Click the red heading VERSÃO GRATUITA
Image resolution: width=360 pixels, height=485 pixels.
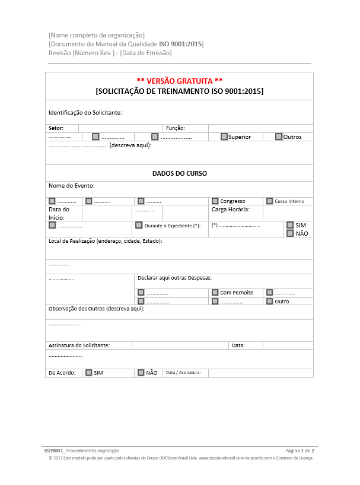tap(179, 81)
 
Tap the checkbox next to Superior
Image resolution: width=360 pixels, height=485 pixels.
tap(224, 137)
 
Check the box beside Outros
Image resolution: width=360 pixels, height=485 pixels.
tap(279, 137)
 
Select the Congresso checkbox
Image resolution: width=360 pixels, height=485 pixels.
tap(215, 201)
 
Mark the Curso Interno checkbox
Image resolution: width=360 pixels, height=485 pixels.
tap(270, 201)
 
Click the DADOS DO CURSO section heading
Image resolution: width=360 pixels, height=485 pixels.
tap(179, 173)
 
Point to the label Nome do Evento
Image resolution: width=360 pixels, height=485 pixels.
tap(71, 186)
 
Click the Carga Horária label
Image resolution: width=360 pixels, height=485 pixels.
tap(230, 209)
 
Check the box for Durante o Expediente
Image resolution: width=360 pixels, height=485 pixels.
tap(139, 226)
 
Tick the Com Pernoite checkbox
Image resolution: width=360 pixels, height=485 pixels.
tap(215, 293)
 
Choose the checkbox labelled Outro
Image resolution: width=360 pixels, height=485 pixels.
tap(270, 302)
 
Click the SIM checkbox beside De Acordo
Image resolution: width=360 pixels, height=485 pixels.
tap(89, 373)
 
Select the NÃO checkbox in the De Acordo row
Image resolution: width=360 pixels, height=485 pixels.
tap(141, 373)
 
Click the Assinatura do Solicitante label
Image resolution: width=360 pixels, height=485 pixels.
tap(79, 345)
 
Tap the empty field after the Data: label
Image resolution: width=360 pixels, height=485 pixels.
tap(288, 345)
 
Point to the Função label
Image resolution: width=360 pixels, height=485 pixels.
tap(176, 128)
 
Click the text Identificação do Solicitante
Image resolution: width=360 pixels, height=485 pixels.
tap(85, 112)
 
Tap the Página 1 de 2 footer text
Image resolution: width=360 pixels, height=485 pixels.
tap(300, 451)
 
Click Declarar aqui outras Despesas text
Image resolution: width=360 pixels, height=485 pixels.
tap(174, 277)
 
